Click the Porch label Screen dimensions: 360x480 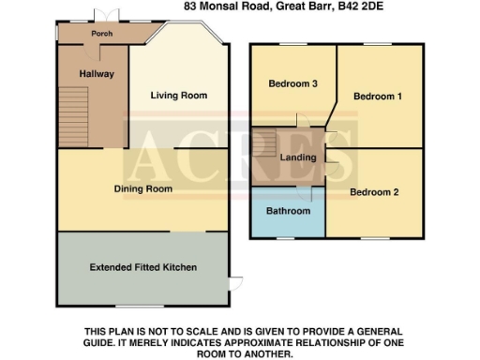(x=101, y=34)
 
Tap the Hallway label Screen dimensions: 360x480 (x=97, y=73)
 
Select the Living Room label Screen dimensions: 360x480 (x=180, y=96)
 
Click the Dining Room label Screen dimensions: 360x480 (x=143, y=189)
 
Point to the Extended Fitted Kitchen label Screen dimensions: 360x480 (x=142, y=267)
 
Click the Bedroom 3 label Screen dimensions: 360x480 (x=293, y=84)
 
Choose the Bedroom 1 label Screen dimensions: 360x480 (x=378, y=97)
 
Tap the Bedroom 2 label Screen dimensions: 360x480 (x=375, y=192)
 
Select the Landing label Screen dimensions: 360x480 (x=298, y=157)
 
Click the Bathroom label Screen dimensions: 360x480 (x=288, y=211)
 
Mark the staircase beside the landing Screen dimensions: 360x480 (x=265, y=145)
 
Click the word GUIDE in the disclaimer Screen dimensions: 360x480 (x=103, y=343)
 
